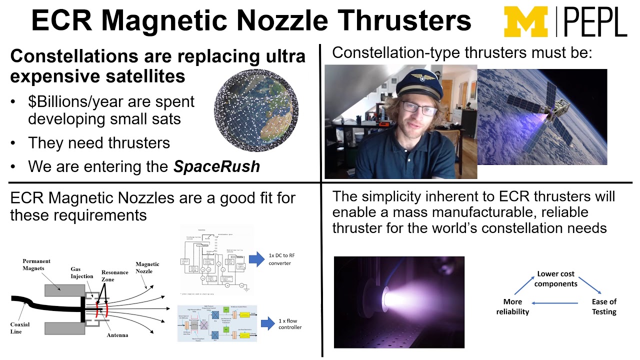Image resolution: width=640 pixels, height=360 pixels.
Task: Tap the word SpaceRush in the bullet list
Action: tap(216, 166)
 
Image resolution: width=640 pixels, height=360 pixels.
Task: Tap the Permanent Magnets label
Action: tap(36, 264)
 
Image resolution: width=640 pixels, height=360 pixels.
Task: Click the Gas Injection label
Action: tap(81, 272)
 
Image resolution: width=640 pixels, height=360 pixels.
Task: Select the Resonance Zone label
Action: tap(114, 276)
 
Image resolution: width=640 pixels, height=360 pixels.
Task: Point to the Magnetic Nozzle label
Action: tap(147, 267)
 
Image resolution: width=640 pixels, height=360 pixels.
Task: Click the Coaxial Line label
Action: tap(20, 328)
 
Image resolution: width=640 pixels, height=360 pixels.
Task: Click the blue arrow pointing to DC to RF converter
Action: tap(256, 258)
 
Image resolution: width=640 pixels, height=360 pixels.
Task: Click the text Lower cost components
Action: tap(555, 279)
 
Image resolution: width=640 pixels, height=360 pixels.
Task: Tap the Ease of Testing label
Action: tap(604, 306)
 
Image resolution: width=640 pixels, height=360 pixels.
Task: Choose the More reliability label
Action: tap(512, 306)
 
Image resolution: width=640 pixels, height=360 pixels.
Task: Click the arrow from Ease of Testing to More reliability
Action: tap(555, 302)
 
